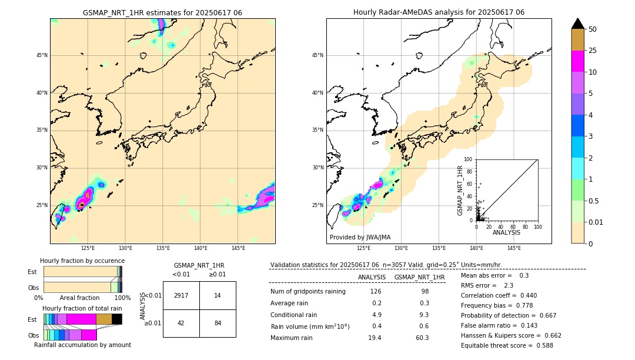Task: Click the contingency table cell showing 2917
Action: click(x=181, y=295)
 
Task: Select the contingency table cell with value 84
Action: click(x=218, y=323)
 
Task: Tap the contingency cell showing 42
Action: click(x=181, y=323)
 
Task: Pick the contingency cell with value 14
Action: click(x=218, y=295)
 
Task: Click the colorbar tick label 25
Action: click(x=593, y=51)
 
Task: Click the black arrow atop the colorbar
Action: click(x=578, y=24)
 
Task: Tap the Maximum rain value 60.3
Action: click(x=422, y=338)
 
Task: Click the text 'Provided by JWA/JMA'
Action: click(x=360, y=237)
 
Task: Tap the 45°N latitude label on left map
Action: click(x=42, y=55)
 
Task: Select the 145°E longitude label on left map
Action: click(x=238, y=248)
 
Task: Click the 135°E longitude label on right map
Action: click(x=439, y=248)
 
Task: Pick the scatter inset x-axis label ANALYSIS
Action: click(x=506, y=232)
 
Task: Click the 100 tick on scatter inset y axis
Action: click(x=469, y=159)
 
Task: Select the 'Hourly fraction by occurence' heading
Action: click(x=82, y=261)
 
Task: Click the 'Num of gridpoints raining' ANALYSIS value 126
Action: click(x=375, y=291)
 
